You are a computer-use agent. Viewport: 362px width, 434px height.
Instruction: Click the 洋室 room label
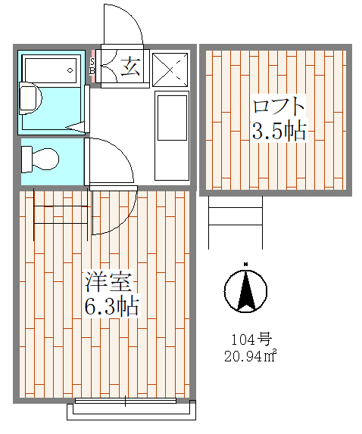[108, 282]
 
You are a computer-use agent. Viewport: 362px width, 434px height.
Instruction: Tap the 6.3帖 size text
[111, 306]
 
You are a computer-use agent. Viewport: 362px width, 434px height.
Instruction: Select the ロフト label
[279, 106]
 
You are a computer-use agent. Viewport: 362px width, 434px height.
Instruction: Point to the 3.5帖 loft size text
[279, 131]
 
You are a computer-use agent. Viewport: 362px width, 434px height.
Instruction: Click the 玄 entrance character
[130, 66]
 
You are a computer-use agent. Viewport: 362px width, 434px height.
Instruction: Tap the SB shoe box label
[92, 66]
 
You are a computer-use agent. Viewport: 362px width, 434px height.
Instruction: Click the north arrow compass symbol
[245, 289]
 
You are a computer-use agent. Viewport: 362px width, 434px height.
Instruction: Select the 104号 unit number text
[251, 339]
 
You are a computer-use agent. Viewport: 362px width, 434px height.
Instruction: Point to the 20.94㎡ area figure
[251, 356]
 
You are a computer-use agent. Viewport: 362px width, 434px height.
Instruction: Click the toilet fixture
[40, 160]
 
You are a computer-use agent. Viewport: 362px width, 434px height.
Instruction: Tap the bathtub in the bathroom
[51, 70]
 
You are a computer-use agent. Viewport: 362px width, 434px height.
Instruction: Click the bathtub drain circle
[70, 70]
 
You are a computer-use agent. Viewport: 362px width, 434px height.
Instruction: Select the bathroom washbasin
[30, 98]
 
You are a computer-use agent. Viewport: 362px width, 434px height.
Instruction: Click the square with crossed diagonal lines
[170, 70]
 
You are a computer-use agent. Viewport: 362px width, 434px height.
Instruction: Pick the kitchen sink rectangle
[172, 118]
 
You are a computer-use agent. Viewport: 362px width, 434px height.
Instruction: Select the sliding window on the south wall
[126, 401]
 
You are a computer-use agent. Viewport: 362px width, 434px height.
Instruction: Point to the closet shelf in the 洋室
[61, 215]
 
